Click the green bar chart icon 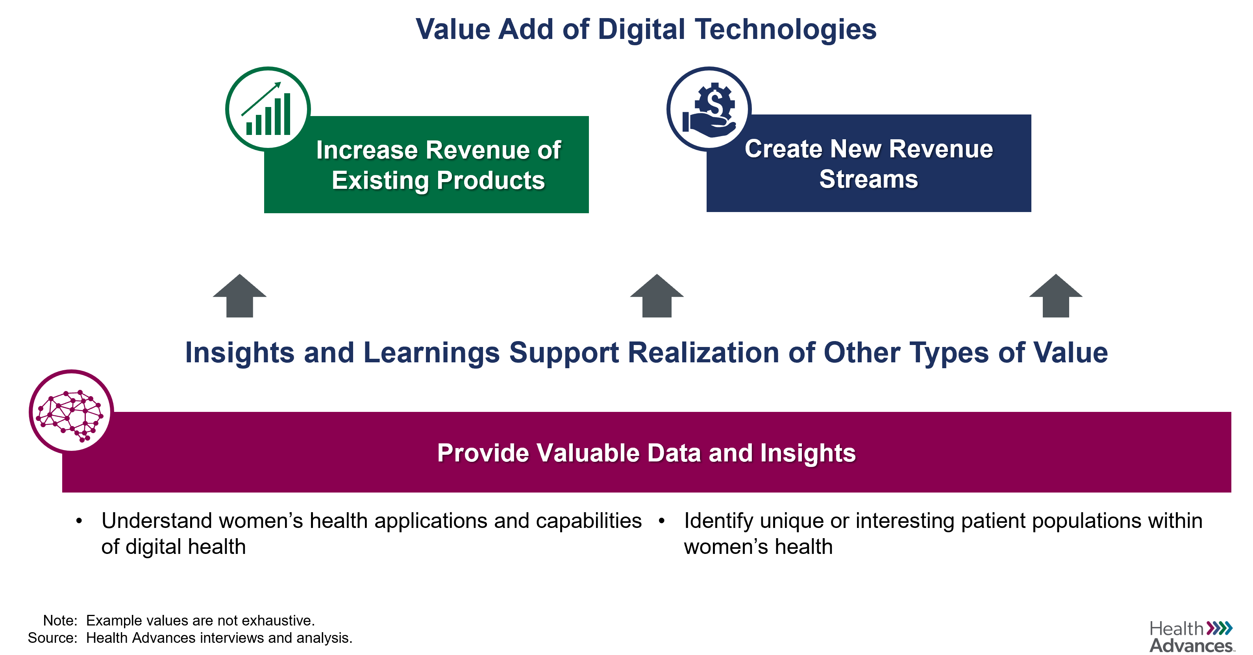268,109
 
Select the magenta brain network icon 71,412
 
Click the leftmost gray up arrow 240,296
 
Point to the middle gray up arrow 657,296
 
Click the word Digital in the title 642,30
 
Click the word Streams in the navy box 869,179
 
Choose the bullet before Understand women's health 79,521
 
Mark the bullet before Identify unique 661,521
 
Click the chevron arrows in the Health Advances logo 1220,628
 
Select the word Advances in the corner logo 1191,646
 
